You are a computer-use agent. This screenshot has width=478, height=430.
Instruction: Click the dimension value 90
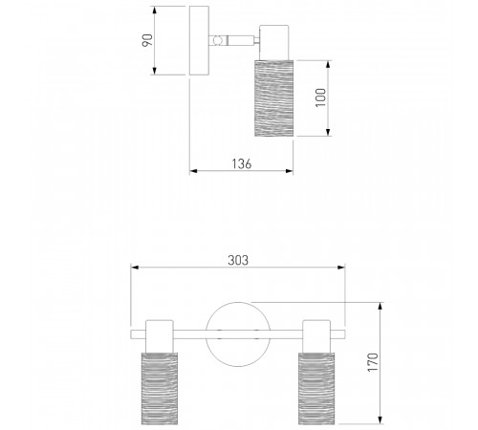147,40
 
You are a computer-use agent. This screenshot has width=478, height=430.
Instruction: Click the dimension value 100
321,97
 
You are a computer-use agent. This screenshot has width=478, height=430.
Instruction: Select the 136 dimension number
242,163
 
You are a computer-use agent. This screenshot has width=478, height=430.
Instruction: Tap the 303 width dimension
238,260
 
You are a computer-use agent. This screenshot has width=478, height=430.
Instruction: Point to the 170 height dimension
373,362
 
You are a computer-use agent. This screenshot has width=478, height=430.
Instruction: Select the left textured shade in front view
160,388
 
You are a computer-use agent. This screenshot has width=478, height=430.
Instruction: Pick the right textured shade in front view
316,388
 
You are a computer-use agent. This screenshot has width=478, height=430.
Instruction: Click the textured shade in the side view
274,98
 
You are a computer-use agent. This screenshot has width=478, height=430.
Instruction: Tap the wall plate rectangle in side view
199,40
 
